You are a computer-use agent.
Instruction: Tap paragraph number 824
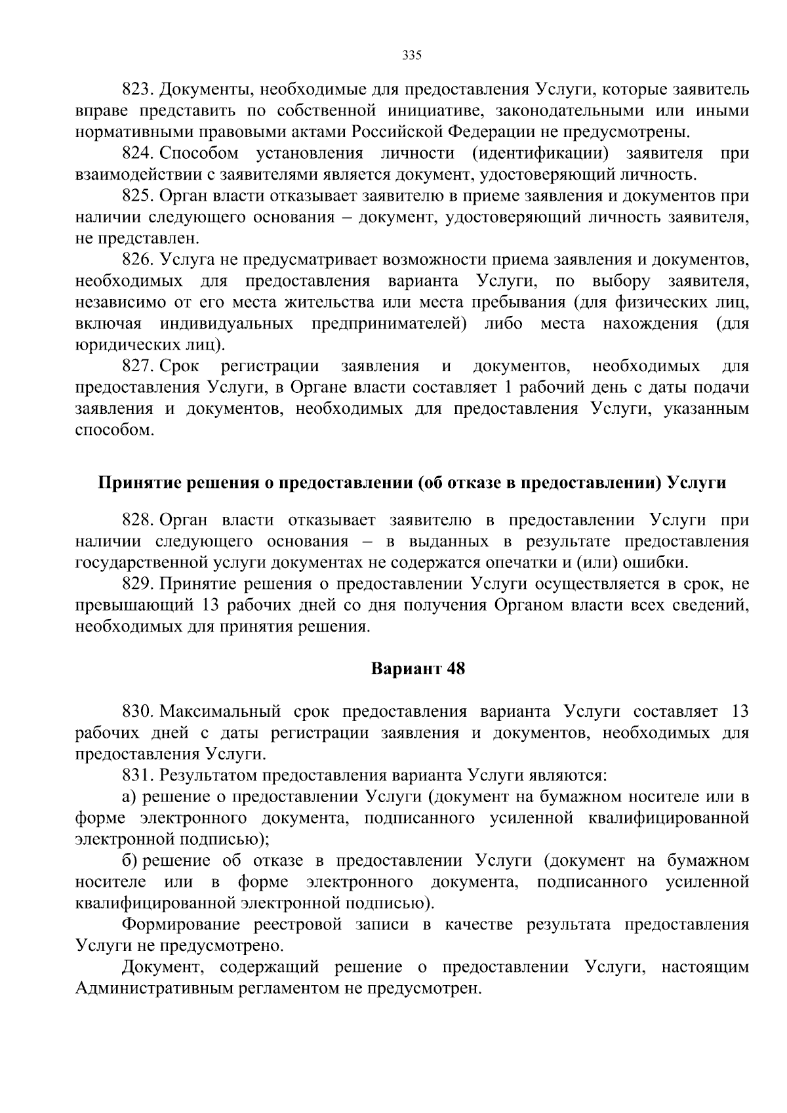138,153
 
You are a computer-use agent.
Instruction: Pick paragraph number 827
138,366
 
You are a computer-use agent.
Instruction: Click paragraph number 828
138,521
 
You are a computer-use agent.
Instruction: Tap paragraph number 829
138,584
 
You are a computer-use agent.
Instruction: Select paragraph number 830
138,712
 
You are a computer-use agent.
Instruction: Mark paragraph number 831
138,776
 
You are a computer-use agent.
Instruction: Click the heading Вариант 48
418,669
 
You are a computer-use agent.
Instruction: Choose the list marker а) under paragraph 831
129,798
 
